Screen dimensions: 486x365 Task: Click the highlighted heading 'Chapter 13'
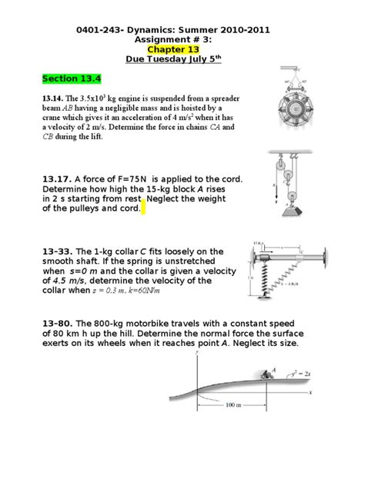tap(182, 47)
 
